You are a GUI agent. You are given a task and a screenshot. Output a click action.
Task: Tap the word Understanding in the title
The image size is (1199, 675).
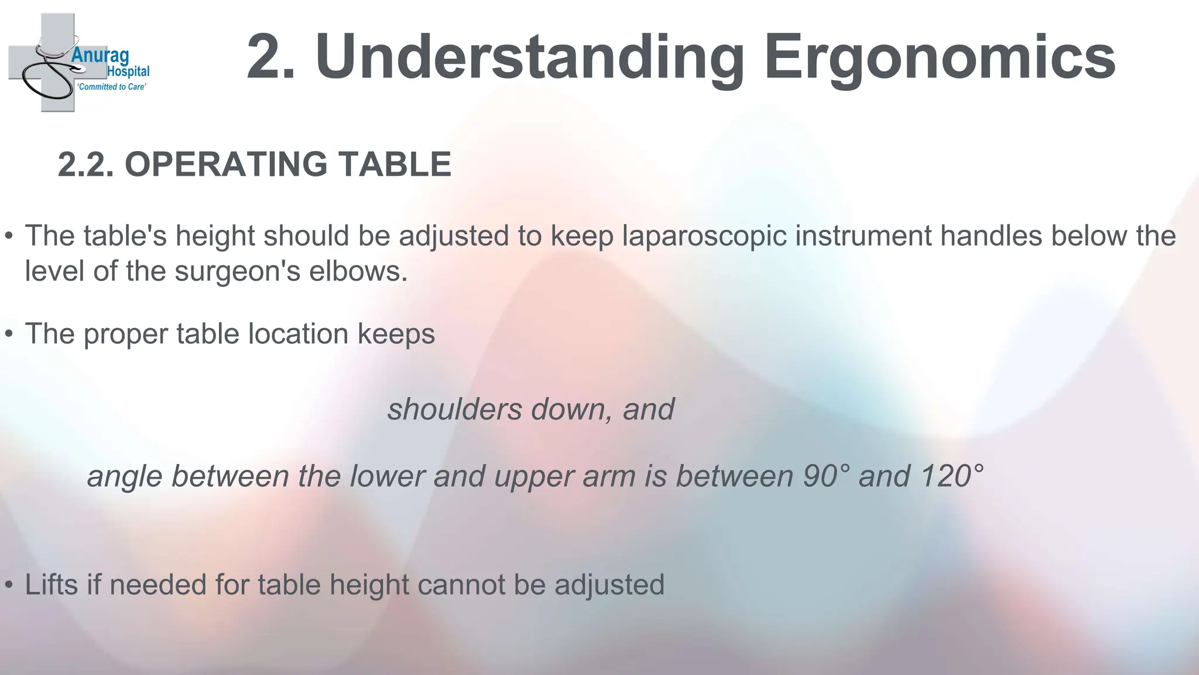(530, 57)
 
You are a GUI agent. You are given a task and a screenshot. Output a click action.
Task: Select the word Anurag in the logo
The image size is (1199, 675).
(100, 56)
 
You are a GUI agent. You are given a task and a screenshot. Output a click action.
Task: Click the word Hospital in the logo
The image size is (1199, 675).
(128, 71)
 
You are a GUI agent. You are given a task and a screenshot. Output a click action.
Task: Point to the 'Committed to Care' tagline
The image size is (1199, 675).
(112, 87)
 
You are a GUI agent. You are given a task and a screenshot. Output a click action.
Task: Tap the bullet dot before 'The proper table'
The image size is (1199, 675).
(9, 335)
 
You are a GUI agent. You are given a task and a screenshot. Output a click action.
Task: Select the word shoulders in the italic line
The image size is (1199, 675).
(454, 409)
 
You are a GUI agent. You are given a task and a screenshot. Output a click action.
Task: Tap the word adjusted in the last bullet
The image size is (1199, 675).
(609, 585)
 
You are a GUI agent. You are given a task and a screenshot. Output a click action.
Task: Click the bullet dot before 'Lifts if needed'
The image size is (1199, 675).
(9, 585)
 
